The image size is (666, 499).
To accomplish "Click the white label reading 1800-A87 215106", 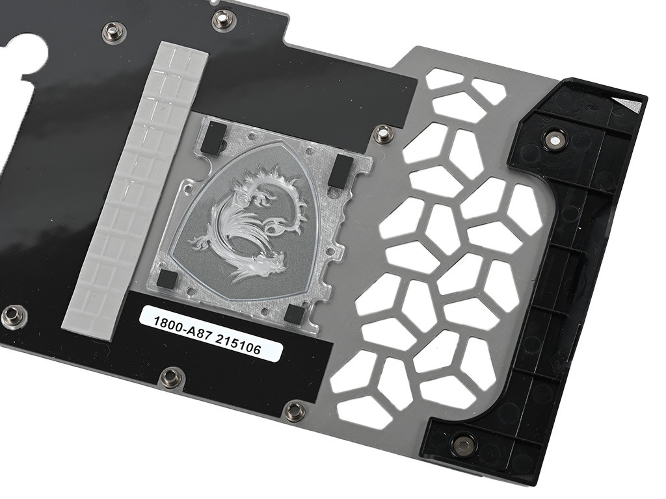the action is click(x=211, y=333).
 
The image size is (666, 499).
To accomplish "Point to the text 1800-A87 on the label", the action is click(x=180, y=326).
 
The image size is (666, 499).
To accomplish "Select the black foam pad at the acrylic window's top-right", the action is click(x=342, y=171).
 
